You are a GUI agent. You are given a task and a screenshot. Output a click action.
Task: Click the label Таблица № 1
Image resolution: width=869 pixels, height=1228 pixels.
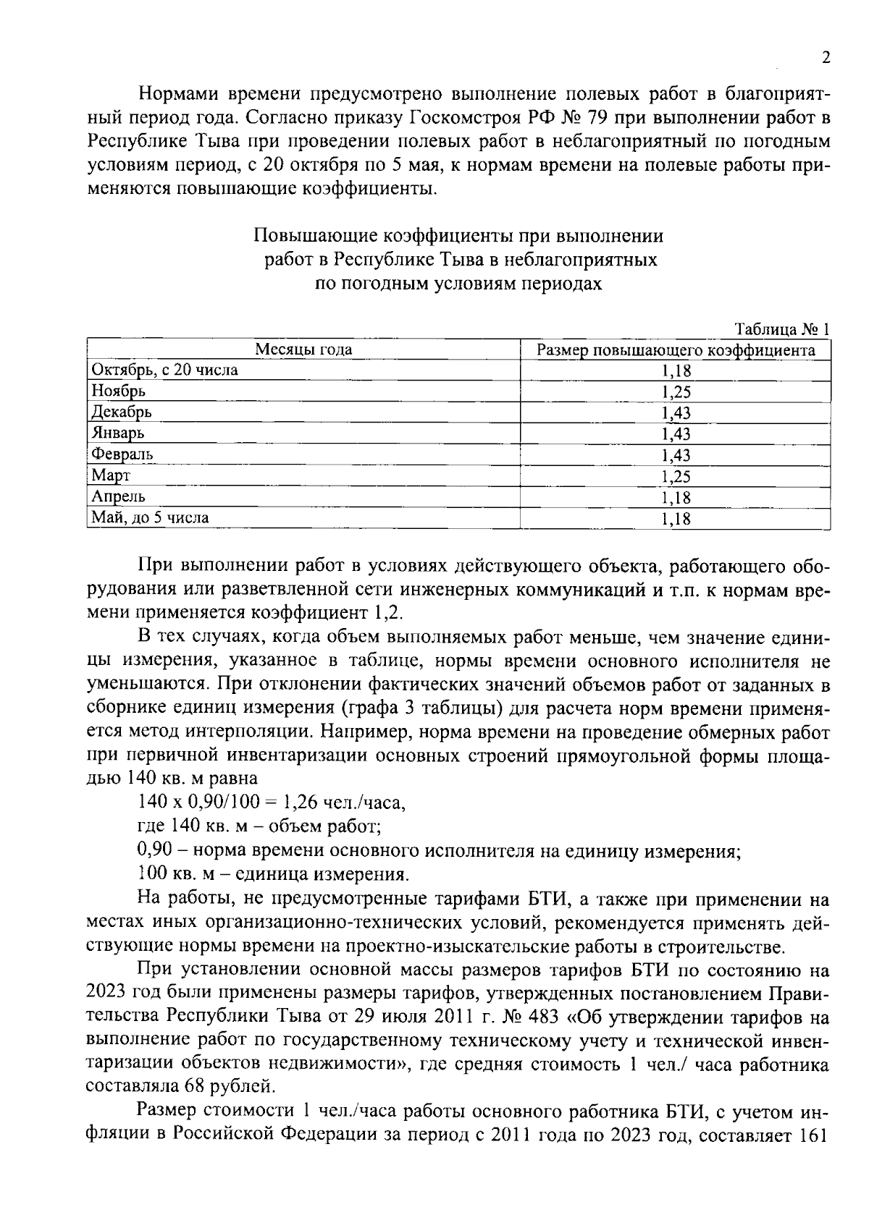point(781,329)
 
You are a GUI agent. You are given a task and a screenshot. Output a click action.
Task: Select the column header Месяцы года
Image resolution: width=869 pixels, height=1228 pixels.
point(303,350)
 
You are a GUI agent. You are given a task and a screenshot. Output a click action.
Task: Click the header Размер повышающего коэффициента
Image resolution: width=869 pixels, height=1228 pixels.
point(676,350)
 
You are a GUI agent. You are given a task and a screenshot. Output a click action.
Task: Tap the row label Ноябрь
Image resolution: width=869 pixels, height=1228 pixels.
point(118,391)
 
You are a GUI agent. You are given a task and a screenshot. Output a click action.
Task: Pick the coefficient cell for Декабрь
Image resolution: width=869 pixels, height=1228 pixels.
point(676,413)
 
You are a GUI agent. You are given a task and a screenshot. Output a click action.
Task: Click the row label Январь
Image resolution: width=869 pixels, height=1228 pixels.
point(117,433)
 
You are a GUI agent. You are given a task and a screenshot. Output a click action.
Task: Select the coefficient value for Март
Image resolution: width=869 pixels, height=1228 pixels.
point(676,476)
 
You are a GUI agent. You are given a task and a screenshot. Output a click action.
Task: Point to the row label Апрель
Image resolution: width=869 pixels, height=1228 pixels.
point(119,496)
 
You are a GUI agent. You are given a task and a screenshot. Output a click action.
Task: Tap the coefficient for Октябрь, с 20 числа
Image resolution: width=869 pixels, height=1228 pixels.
point(676,371)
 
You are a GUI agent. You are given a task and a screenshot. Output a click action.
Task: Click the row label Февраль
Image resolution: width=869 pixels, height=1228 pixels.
point(122,454)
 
